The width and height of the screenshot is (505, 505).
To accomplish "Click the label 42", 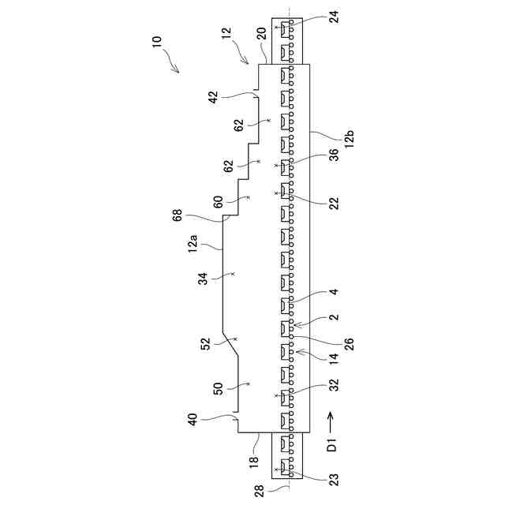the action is (x=212, y=97).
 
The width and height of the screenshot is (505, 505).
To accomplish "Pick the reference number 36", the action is (x=335, y=155).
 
